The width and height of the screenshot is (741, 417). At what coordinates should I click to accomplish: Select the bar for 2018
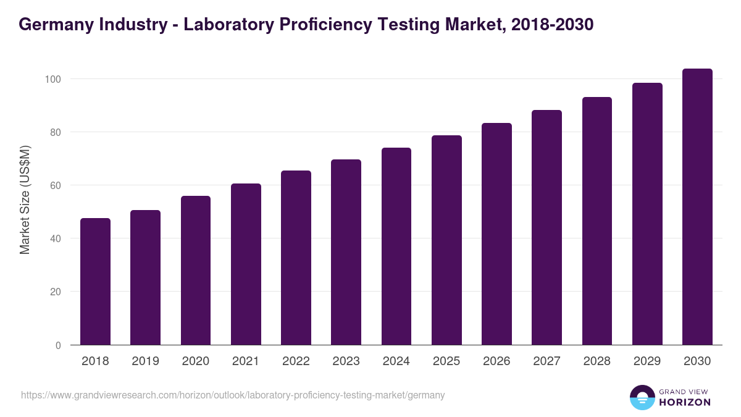[95, 282]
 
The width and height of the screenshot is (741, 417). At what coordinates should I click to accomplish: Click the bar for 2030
[697, 207]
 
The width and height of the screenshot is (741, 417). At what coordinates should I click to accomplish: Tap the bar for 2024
[396, 246]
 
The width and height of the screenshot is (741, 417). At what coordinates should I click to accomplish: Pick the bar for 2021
[246, 264]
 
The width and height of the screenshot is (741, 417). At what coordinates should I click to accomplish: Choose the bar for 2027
[546, 227]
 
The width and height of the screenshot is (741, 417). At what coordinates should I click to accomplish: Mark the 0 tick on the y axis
[58, 345]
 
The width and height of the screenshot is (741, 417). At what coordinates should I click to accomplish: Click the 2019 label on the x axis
[145, 361]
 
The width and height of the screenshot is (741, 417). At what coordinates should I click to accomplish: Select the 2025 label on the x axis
[446, 361]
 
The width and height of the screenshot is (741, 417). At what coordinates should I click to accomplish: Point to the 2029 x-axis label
[647, 361]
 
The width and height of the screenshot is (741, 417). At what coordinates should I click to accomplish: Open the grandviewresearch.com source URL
[233, 395]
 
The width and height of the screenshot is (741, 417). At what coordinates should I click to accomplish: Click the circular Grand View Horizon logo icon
[642, 397]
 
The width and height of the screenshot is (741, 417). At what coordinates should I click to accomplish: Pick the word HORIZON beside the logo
[685, 402]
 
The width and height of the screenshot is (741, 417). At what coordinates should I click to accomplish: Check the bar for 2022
[296, 258]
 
